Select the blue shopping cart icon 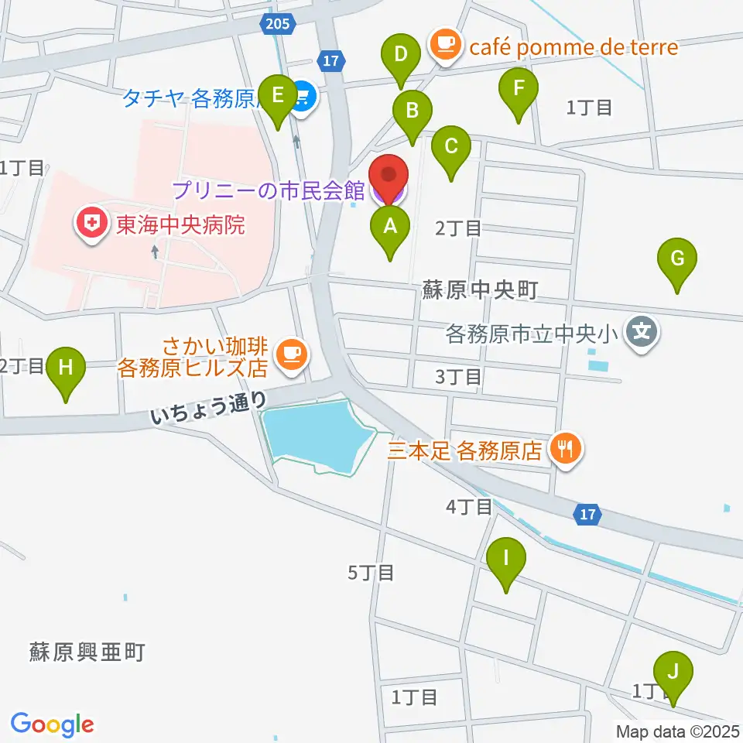pos(303,98)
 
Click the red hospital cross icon pos(92,225)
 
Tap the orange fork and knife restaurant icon pos(565,449)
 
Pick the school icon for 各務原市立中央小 pos(642,334)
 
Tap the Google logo pos(52,724)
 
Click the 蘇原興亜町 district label pos(87,652)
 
